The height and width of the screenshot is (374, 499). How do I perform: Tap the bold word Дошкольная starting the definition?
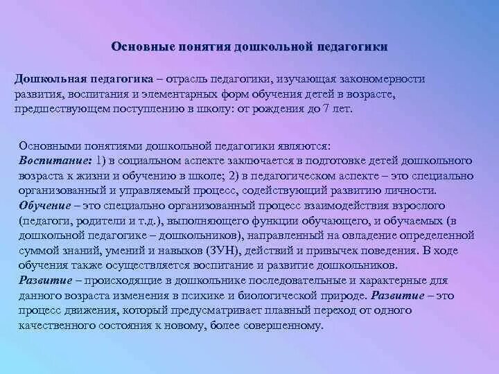[48, 79]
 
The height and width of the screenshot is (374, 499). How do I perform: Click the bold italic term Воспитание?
[50, 160]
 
